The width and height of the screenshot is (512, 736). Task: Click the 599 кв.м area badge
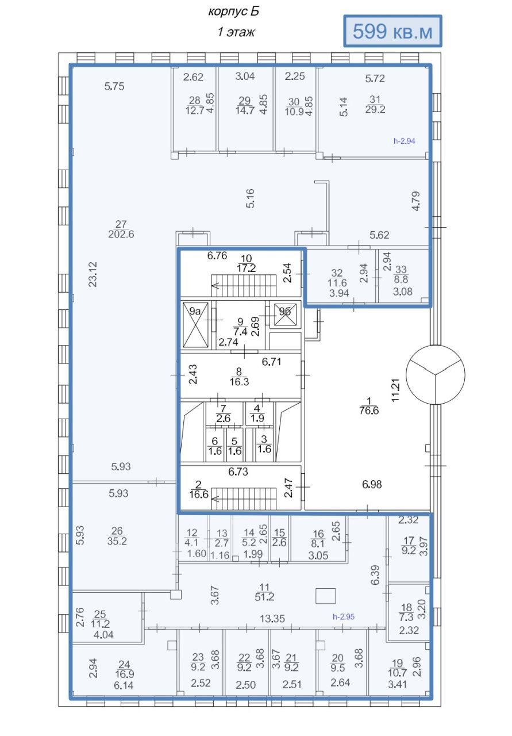(392, 31)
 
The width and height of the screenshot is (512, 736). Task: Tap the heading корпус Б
(233, 11)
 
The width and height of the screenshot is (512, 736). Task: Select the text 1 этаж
(236, 32)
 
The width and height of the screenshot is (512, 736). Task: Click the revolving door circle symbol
(435, 374)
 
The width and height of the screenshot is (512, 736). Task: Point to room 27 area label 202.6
(121, 234)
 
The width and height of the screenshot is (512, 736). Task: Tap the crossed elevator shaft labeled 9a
(195, 324)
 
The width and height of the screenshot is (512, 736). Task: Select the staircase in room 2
(243, 499)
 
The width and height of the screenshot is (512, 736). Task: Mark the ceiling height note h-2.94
(405, 141)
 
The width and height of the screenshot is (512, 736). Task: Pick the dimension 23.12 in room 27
(93, 274)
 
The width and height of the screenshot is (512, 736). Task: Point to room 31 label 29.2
(375, 109)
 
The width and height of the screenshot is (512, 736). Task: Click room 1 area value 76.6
(369, 411)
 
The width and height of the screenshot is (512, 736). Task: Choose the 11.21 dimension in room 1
(395, 390)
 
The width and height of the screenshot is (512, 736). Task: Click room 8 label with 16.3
(239, 382)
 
